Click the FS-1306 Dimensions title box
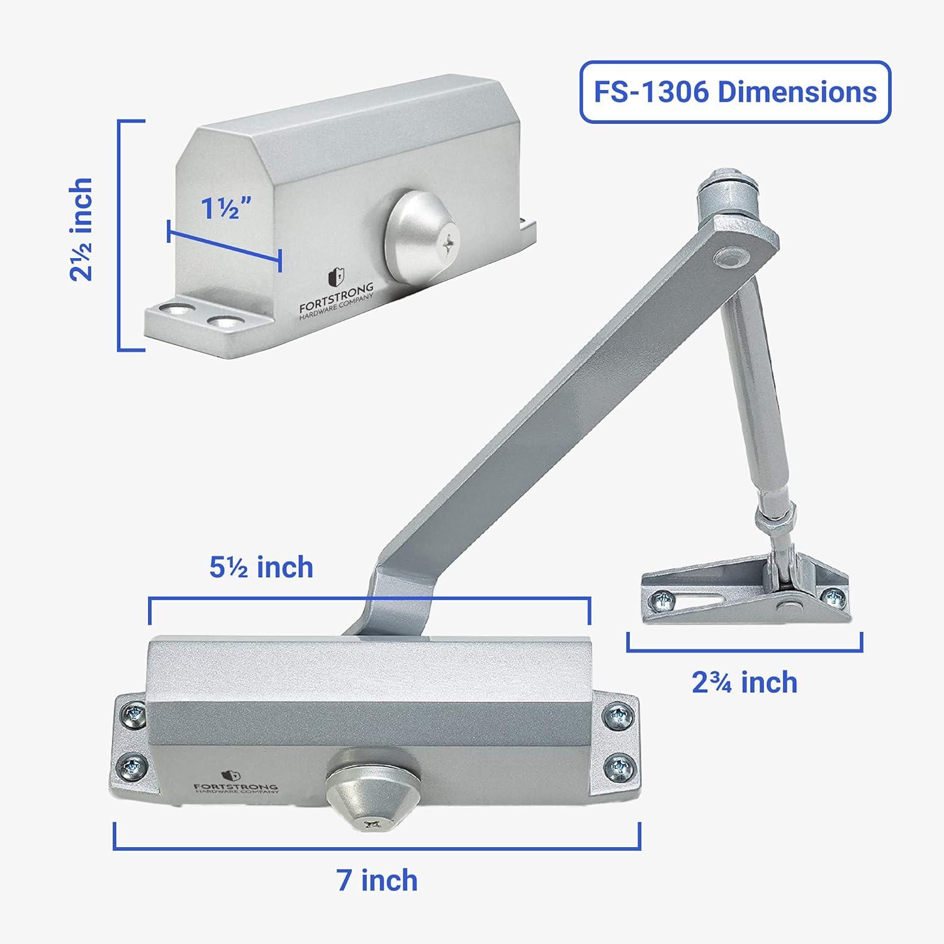(x=735, y=92)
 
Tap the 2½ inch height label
(x=82, y=229)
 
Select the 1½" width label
(x=227, y=208)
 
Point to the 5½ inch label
(x=261, y=567)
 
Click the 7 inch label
(x=377, y=880)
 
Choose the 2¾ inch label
(x=745, y=682)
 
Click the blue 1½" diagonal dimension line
(x=224, y=246)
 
